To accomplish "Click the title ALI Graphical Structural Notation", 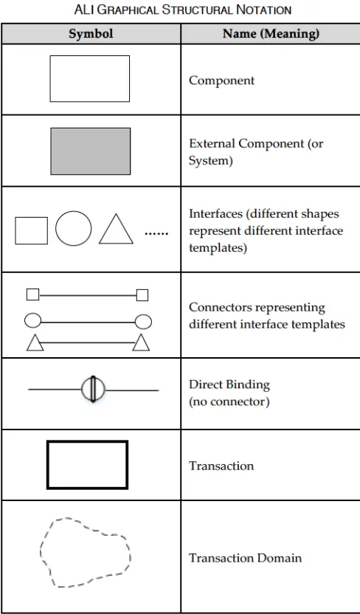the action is click(183, 10).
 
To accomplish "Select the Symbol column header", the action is click(91, 34).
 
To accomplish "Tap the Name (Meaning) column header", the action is click(271, 34).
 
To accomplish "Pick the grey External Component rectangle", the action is click(91, 151).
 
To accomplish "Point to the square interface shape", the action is click(31, 231).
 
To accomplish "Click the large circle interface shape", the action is click(74, 228).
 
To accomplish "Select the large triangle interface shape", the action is click(116, 230).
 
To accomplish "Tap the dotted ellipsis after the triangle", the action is click(156, 234).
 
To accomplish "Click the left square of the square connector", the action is click(33, 294).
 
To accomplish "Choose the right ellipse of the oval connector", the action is click(143, 322).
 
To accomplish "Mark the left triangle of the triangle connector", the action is click(35, 343).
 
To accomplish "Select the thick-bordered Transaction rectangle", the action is click(87, 442).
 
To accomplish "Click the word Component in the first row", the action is click(221, 80).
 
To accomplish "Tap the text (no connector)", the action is click(229, 401).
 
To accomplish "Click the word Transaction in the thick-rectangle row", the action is click(221, 466).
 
